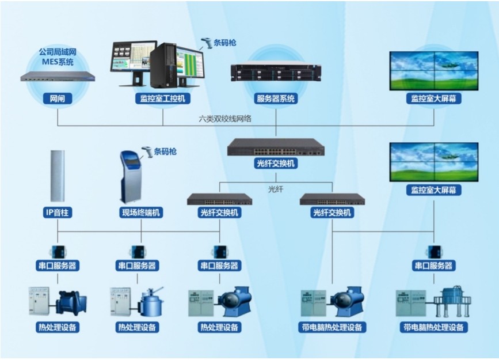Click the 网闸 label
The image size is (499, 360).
point(58,98)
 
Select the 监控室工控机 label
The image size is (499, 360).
point(162,98)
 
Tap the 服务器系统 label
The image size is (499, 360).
point(276,98)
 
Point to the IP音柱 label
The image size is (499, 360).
point(58,213)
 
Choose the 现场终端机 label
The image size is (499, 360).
point(141,213)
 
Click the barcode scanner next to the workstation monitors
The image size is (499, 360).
point(206,43)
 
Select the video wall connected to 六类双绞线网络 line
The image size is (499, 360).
point(433,71)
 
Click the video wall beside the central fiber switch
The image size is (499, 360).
point(433,162)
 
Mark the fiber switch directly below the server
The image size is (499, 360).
point(276,147)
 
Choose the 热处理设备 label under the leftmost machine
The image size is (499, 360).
point(57,327)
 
